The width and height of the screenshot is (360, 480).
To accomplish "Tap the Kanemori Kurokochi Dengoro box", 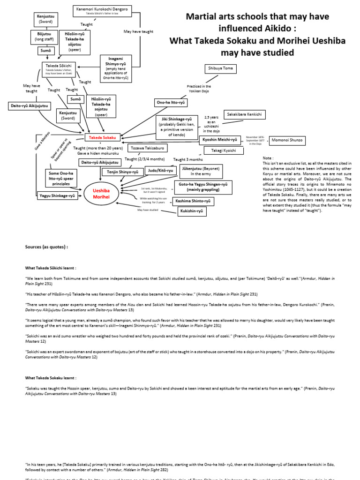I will pos(103,10).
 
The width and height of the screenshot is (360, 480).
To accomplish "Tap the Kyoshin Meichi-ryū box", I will pos(220,140).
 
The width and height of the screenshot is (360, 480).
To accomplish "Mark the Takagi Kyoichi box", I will pos(224,150).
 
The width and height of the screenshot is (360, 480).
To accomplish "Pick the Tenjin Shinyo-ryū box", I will pos(122,172).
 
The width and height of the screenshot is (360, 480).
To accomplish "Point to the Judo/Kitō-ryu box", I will pos(160,171).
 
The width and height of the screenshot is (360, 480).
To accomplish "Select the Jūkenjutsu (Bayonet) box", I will pos(201,171).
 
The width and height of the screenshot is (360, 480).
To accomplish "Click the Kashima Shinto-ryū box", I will pos(193,201).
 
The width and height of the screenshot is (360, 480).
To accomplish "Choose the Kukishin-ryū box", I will pos(192,211).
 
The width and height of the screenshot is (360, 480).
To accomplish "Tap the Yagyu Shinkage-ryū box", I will pos(57,196).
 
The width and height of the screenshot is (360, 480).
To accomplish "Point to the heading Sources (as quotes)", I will pos(46,247).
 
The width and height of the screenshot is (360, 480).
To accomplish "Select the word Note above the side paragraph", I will pos(268,158).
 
